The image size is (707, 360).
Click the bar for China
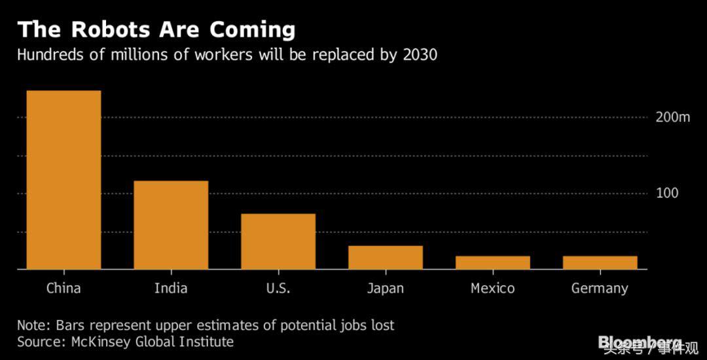[63, 180]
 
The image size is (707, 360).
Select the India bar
[171, 225]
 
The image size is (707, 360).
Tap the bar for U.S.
[278, 242]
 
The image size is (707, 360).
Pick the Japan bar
[385, 257]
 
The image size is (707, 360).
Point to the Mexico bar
[492, 262]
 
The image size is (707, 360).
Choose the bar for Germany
[600, 262]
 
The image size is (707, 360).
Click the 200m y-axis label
[672, 118]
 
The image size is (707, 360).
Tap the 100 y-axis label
[667, 194]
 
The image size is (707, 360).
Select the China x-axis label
[63, 288]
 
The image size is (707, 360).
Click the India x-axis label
[171, 288]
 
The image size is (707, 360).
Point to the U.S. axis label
[278, 288]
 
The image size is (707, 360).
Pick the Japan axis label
[385, 288]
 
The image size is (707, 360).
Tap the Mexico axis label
[492, 288]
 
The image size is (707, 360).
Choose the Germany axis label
[600, 289]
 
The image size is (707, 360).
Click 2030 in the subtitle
[418, 55]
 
